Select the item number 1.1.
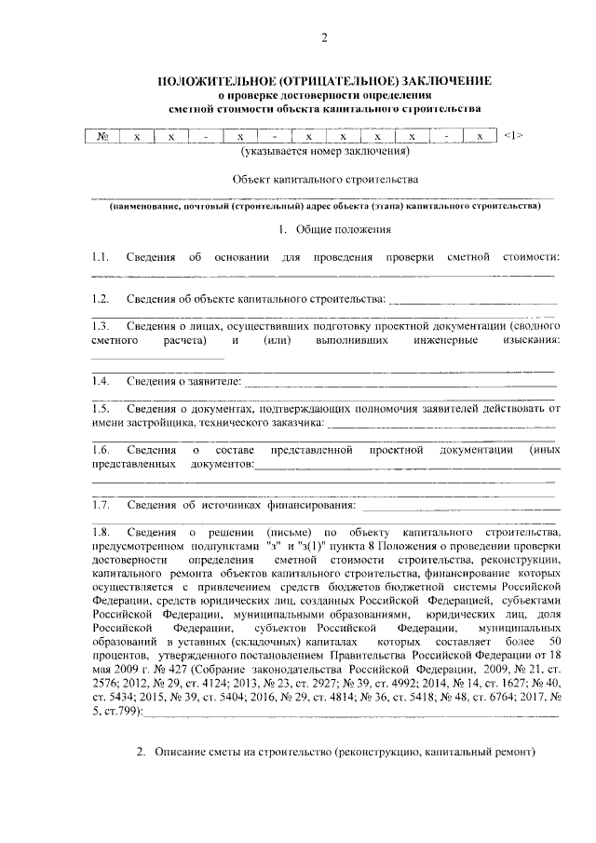(101, 256)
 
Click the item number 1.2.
(101, 299)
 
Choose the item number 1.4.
(101, 381)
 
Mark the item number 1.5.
(101, 408)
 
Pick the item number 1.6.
(101, 450)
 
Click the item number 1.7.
(101, 506)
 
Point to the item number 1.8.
(101, 532)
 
